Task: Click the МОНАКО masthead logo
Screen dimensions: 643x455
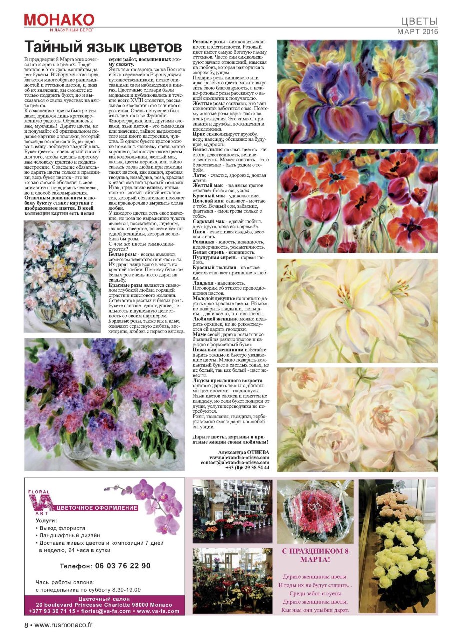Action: [x=59, y=20]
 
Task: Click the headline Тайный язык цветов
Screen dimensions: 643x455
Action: [x=103, y=47]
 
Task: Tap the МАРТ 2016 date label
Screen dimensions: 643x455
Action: [x=417, y=31]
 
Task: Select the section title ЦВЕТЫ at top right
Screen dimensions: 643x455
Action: [x=420, y=21]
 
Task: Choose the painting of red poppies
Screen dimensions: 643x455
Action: [x=357, y=200]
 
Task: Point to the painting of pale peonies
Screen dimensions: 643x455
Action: [x=357, y=419]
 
